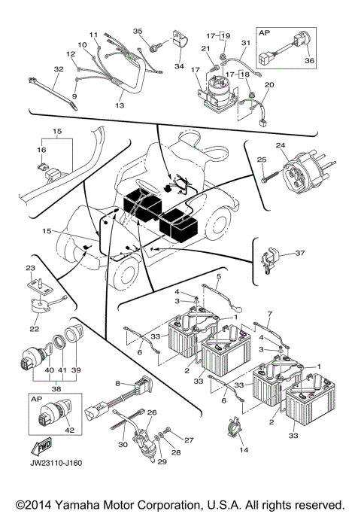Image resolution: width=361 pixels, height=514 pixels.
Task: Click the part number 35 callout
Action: point(137,31)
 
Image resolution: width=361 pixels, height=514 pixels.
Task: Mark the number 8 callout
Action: point(118,384)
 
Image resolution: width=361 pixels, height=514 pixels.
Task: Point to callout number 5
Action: point(218,277)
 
